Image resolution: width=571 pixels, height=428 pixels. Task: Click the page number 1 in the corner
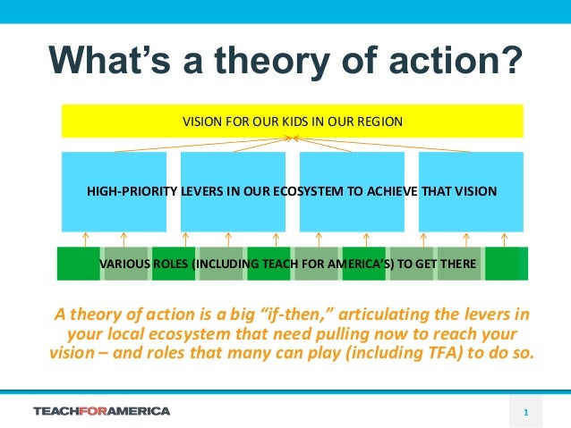tap(526, 412)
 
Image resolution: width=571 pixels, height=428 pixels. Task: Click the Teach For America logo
tap(101, 411)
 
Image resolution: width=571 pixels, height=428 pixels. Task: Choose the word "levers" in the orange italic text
tap(480, 314)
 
